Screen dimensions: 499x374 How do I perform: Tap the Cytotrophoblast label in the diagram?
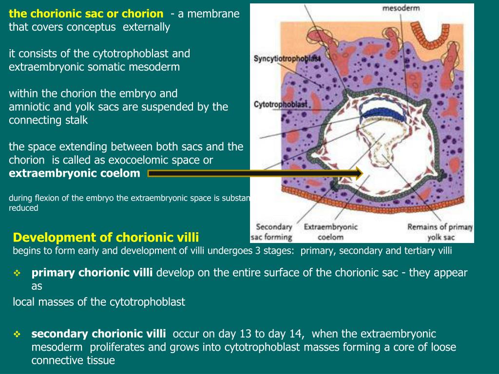(x=280, y=104)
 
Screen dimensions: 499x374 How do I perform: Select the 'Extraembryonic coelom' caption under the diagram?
(x=331, y=232)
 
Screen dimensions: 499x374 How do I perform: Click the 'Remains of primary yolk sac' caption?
(x=440, y=232)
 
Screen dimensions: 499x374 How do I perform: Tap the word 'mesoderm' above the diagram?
(x=401, y=8)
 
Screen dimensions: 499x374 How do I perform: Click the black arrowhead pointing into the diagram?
(x=359, y=173)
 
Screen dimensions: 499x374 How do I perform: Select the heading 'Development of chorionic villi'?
(x=106, y=238)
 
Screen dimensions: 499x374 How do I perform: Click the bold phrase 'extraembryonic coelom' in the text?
(x=75, y=173)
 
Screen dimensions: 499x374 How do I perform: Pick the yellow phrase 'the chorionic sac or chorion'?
(x=86, y=14)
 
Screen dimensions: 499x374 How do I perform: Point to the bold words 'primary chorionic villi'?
(x=92, y=272)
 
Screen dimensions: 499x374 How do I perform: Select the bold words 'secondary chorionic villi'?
(x=98, y=334)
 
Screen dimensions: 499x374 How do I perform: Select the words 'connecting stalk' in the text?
(x=48, y=120)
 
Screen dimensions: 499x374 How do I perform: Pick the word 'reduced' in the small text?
(x=23, y=208)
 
